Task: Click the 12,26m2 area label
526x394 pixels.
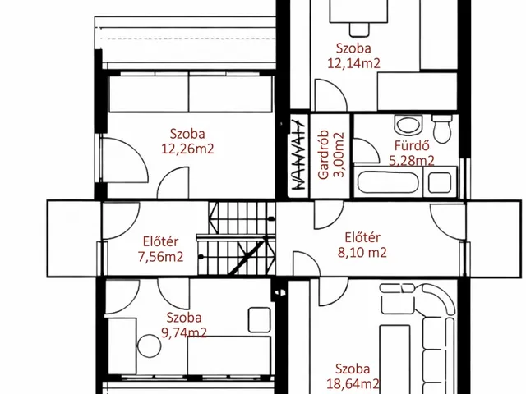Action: (x=187, y=149)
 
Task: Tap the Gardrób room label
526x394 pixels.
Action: (x=324, y=154)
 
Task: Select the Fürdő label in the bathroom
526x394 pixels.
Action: (x=412, y=146)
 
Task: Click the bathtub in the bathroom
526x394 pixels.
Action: (x=389, y=182)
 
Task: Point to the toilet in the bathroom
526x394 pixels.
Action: (x=442, y=129)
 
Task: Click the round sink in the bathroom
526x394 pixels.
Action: (x=408, y=124)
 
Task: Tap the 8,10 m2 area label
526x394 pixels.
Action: (x=362, y=252)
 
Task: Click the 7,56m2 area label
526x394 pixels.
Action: (x=161, y=257)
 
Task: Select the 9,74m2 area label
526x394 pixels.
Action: (x=184, y=332)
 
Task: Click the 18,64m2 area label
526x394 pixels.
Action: (x=353, y=384)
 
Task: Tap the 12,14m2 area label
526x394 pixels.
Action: (x=354, y=63)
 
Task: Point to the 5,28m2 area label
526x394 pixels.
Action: (x=412, y=161)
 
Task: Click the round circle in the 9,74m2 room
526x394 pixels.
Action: (x=149, y=346)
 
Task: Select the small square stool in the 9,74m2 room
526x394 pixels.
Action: (x=260, y=320)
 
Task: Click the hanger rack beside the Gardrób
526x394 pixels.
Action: (x=298, y=155)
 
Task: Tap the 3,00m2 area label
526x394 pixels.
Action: (x=339, y=155)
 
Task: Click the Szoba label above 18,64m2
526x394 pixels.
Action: (x=353, y=369)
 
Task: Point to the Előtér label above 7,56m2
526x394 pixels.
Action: (x=161, y=241)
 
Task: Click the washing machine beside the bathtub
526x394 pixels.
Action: (x=440, y=182)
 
